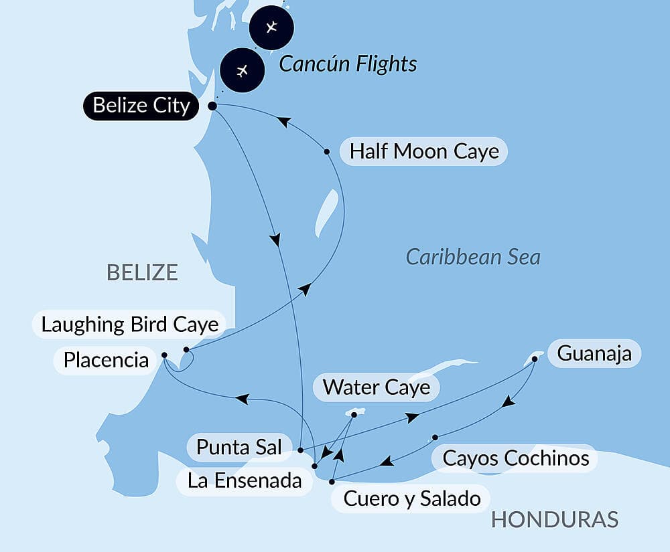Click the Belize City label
pyautogui.click(x=141, y=106)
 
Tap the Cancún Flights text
pyautogui.click(x=348, y=64)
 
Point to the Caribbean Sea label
pyautogui.click(x=473, y=257)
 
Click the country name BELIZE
pyautogui.click(x=142, y=272)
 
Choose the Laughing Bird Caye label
pyautogui.click(x=130, y=325)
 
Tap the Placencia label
pyautogui.click(x=105, y=360)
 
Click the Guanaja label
pyautogui.click(x=594, y=353)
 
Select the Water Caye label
pyautogui.click(x=376, y=387)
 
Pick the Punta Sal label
pyautogui.click(x=239, y=447)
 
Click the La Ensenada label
pyautogui.click(x=245, y=480)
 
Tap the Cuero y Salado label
pyautogui.click(x=411, y=498)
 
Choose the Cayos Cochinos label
pyautogui.click(x=516, y=458)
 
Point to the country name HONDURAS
pyautogui.click(x=554, y=520)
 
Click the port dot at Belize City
pyautogui.click(x=212, y=106)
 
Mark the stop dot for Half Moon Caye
pyautogui.click(x=327, y=152)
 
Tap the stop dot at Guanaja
pyautogui.click(x=535, y=359)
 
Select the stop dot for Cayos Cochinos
pyautogui.click(x=435, y=438)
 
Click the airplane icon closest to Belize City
pyautogui.click(x=243, y=70)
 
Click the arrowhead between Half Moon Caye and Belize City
pyautogui.click(x=283, y=122)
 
